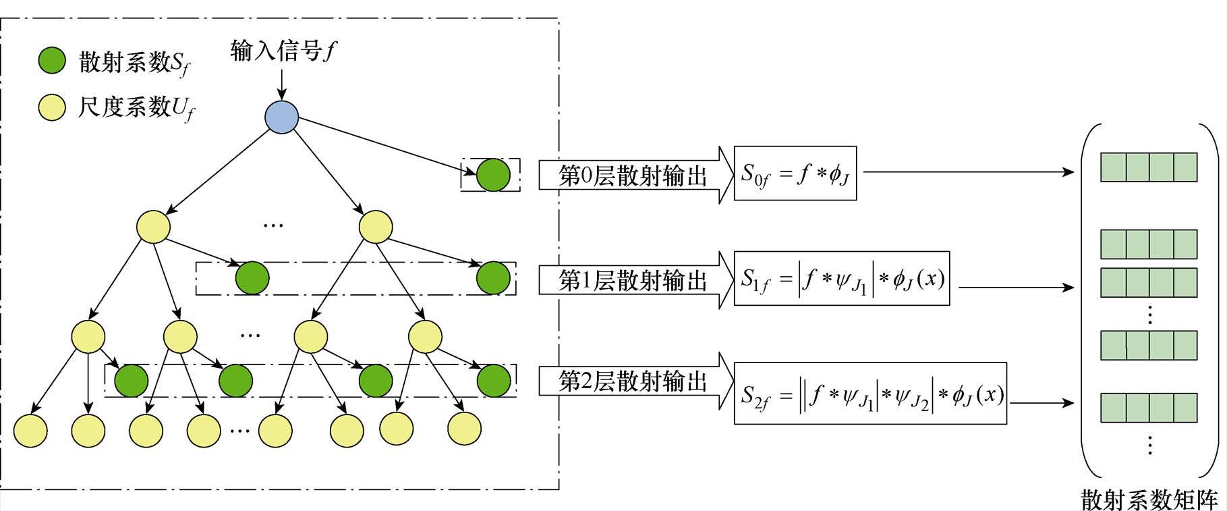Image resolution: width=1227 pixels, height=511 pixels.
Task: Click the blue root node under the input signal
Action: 282,117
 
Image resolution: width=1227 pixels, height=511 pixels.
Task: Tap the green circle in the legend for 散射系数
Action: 52,61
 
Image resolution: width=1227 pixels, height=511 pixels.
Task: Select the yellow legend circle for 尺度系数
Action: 52,107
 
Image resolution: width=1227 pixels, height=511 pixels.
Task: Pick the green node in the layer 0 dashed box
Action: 493,175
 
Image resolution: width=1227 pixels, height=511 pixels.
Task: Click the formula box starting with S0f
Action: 795,173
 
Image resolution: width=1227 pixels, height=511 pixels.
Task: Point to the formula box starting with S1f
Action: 842,278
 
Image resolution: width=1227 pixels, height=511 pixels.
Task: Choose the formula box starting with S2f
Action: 870,394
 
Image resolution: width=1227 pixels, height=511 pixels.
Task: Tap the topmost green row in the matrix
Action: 1149,167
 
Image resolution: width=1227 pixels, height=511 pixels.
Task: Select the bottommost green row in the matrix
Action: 1149,407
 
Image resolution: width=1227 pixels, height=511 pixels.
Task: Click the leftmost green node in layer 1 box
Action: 252,277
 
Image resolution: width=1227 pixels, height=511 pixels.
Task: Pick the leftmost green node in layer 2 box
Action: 131,381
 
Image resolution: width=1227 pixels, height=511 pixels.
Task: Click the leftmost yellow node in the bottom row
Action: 30,430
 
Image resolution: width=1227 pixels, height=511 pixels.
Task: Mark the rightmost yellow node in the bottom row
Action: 464,428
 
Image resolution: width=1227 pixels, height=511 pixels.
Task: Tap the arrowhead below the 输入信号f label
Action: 282,95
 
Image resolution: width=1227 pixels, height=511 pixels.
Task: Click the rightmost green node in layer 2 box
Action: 494,381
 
